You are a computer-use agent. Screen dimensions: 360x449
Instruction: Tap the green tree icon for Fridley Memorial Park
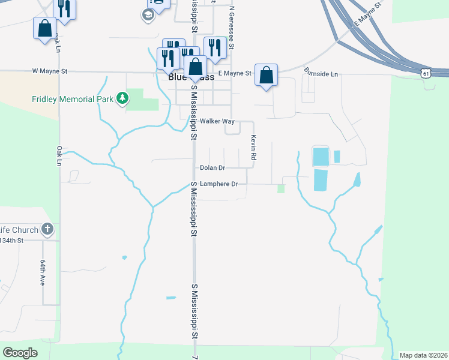click(122, 98)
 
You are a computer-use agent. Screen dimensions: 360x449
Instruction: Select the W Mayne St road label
click(50, 71)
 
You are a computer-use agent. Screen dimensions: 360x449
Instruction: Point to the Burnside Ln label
click(321, 73)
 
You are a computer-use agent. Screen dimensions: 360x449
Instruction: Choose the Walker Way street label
click(217, 121)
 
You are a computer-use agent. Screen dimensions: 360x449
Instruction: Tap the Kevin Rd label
click(254, 147)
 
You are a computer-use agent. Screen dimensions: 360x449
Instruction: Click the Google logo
click(20, 353)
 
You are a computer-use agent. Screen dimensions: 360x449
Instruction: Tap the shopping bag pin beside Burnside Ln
click(266, 75)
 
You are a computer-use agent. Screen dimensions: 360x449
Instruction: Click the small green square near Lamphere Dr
click(280, 189)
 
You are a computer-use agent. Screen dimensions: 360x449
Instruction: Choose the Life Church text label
click(19, 230)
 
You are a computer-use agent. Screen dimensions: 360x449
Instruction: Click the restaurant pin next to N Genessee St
click(215, 47)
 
